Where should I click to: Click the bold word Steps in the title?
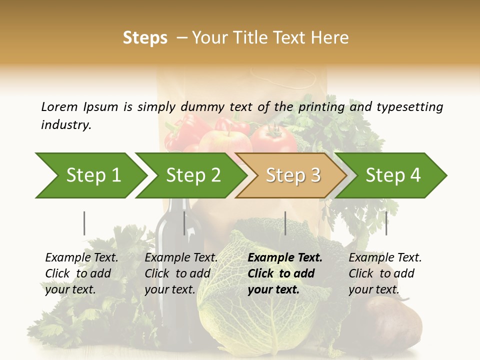pyautogui.click(x=145, y=38)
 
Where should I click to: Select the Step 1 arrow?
pyautogui.click(x=90, y=175)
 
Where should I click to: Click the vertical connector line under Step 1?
pyautogui.click(x=84, y=223)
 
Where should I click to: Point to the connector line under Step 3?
pyautogui.click(x=285, y=223)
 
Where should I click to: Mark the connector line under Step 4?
pyautogui.click(x=386, y=223)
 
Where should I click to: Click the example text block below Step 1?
pyautogui.click(x=81, y=273)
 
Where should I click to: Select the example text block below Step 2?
pyautogui.click(x=181, y=273)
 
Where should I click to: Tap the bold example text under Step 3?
pyautogui.click(x=285, y=273)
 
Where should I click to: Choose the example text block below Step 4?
pyautogui.click(x=385, y=273)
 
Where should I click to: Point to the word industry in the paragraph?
pyautogui.click(x=66, y=125)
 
